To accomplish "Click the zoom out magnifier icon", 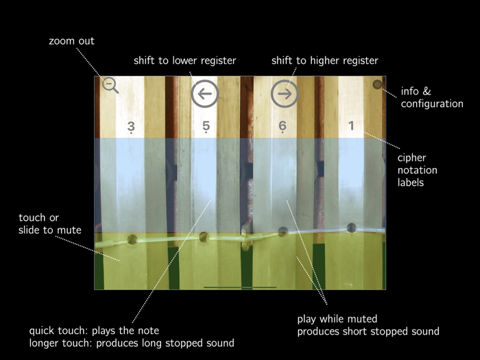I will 110,86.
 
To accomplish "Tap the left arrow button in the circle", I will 204,93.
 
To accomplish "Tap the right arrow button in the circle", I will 285,93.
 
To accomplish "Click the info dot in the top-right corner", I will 377,85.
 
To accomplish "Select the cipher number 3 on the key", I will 131,127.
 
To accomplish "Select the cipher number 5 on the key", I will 206,127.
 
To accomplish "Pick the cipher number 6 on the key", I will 283,127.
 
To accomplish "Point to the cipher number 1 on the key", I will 352,126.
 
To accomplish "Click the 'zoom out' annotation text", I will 71,41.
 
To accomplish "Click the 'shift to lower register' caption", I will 184,61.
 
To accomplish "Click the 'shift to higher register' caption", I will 324,61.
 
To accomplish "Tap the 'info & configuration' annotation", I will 432,97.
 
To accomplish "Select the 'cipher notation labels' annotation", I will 418,170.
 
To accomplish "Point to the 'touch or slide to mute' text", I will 49,224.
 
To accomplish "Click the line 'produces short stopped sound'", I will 368,331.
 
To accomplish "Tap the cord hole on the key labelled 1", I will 351,228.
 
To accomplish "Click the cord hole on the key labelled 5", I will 203,237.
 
